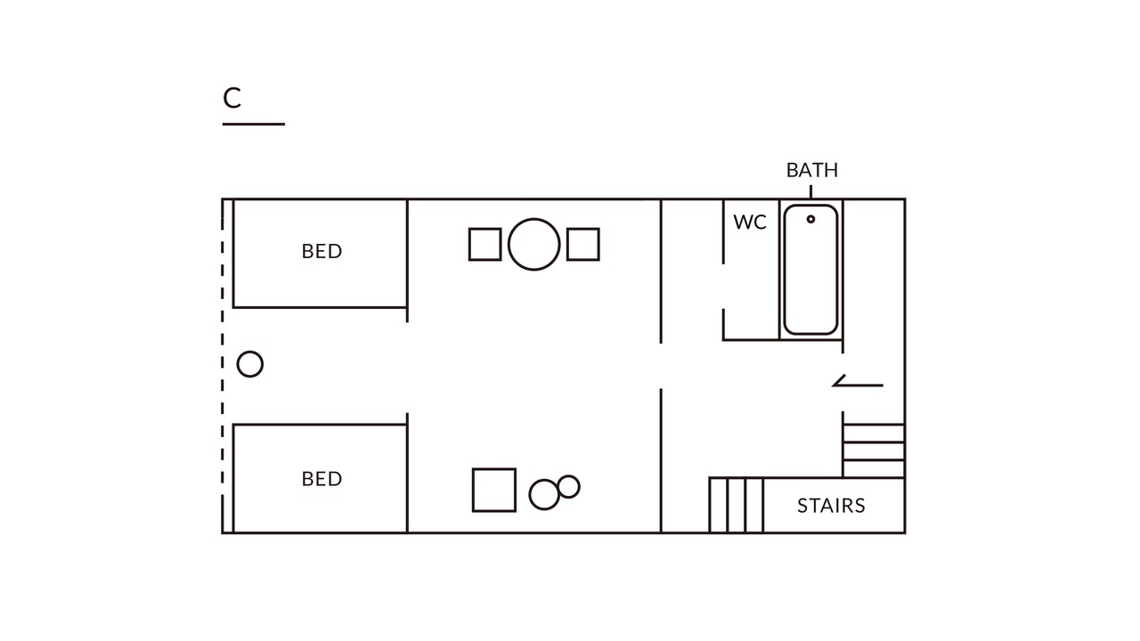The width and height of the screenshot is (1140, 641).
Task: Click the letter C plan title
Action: [232, 98]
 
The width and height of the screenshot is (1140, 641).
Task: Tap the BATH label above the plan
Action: [811, 170]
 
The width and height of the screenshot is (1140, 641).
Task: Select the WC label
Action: [750, 223]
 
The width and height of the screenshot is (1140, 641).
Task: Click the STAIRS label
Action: [831, 506]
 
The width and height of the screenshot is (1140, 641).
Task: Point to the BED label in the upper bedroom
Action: [322, 251]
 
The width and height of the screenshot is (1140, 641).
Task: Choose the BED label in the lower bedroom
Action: [322, 479]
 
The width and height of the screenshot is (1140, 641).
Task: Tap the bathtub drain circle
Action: [810, 219]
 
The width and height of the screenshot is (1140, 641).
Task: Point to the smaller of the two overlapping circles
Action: [568, 476]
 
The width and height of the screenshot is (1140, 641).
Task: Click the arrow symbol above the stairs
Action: [858, 385]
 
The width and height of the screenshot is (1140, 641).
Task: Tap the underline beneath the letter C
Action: [254, 124]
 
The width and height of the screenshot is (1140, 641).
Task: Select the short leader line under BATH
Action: [810, 191]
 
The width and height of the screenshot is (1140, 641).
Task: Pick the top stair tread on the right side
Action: [874, 425]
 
